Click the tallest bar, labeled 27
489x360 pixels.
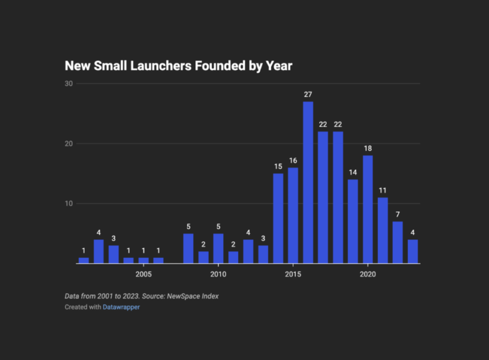coord(308,182)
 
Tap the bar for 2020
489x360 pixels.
coord(368,209)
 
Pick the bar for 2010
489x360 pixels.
coord(218,248)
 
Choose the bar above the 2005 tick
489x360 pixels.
coord(143,261)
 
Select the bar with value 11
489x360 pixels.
coord(383,230)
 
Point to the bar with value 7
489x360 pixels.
coord(398,242)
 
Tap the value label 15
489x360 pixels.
coord(278,166)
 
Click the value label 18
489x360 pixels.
coord(368,149)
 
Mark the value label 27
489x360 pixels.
coord(308,95)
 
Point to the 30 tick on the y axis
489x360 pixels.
coord(69,83)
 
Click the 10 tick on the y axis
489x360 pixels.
coord(69,204)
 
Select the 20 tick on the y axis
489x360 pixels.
coord(69,143)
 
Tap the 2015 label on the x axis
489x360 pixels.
coord(293,274)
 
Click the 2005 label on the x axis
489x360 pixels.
coord(143,274)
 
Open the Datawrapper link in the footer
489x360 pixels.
coord(121,307)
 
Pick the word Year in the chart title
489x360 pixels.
coord(280,66)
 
